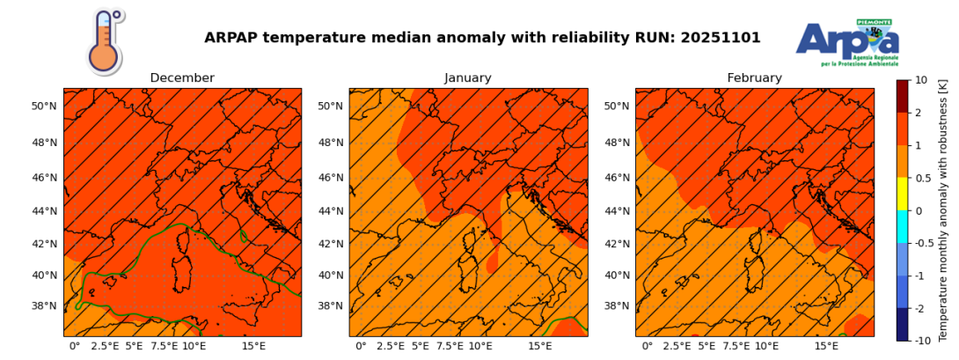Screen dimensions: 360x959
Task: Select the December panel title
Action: (x=182, y=78)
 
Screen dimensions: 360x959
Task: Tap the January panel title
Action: (x=468, y=78)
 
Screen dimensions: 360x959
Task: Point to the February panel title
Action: (x=754, y=78)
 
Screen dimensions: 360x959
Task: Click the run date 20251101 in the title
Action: (x=719, y=38)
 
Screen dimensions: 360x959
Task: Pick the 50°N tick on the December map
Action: (x=44, y=107)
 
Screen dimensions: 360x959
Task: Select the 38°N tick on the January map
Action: (x=330, y=306)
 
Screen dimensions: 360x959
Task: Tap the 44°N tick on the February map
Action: (x=616, y=211)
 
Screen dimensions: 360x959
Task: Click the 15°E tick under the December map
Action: (x=254, y=347)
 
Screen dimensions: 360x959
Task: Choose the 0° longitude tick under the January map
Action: (x=361, y=347)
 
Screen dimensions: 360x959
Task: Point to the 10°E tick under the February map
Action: (x=766, y=347)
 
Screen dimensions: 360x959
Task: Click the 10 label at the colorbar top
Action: (x=921, y=80)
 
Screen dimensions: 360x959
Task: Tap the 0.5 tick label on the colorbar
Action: (x=923, y=178)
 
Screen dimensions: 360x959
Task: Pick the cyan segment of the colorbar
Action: (x=903, y=226)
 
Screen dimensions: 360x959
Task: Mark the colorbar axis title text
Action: (x=943, y=209)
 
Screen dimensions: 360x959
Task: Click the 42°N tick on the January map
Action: (x=330, y=244)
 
